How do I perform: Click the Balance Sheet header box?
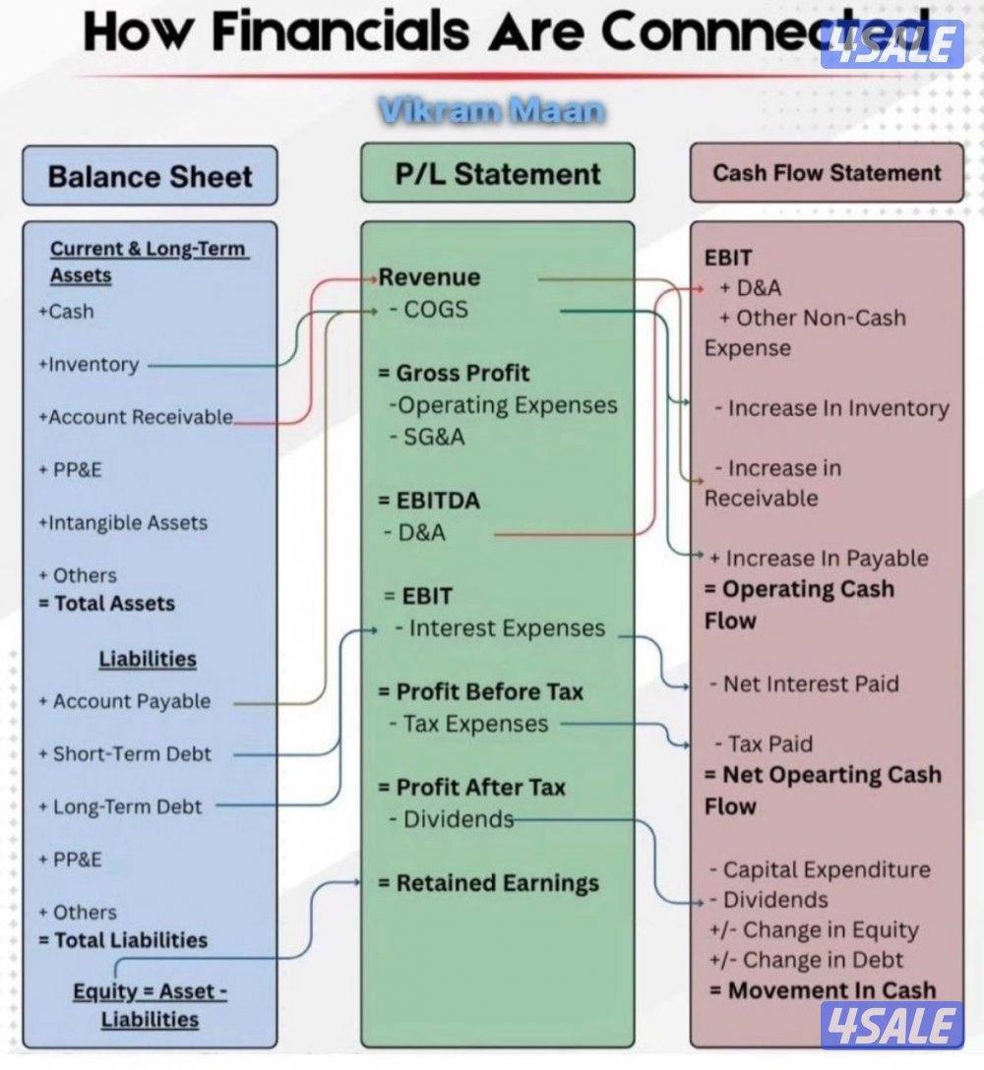[x=151, y=175]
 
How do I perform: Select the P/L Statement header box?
[x=498, y=173]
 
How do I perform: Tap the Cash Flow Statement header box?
[x=827, y=173]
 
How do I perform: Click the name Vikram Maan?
[x=492, y=110]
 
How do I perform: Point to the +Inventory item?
[x=89, y=365]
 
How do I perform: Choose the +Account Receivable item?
[x=136, y=417]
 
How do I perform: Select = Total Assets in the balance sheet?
[x=107, y=603]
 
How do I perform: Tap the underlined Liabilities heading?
[x=148, y=659]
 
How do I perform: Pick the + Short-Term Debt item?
[x=125, y=753]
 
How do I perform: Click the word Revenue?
[x=430, y=277]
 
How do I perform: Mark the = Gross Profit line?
[x=454, y=373]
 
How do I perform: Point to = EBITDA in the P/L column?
[x=430, y=501]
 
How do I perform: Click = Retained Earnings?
[x=489, y=883]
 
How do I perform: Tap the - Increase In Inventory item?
[x=831, y=408]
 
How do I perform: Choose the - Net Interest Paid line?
[x=804, y=684]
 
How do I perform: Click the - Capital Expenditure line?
[x=820, y=870]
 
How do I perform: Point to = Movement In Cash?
[x=823, y=990]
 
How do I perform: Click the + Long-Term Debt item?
[x=120, y=806]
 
